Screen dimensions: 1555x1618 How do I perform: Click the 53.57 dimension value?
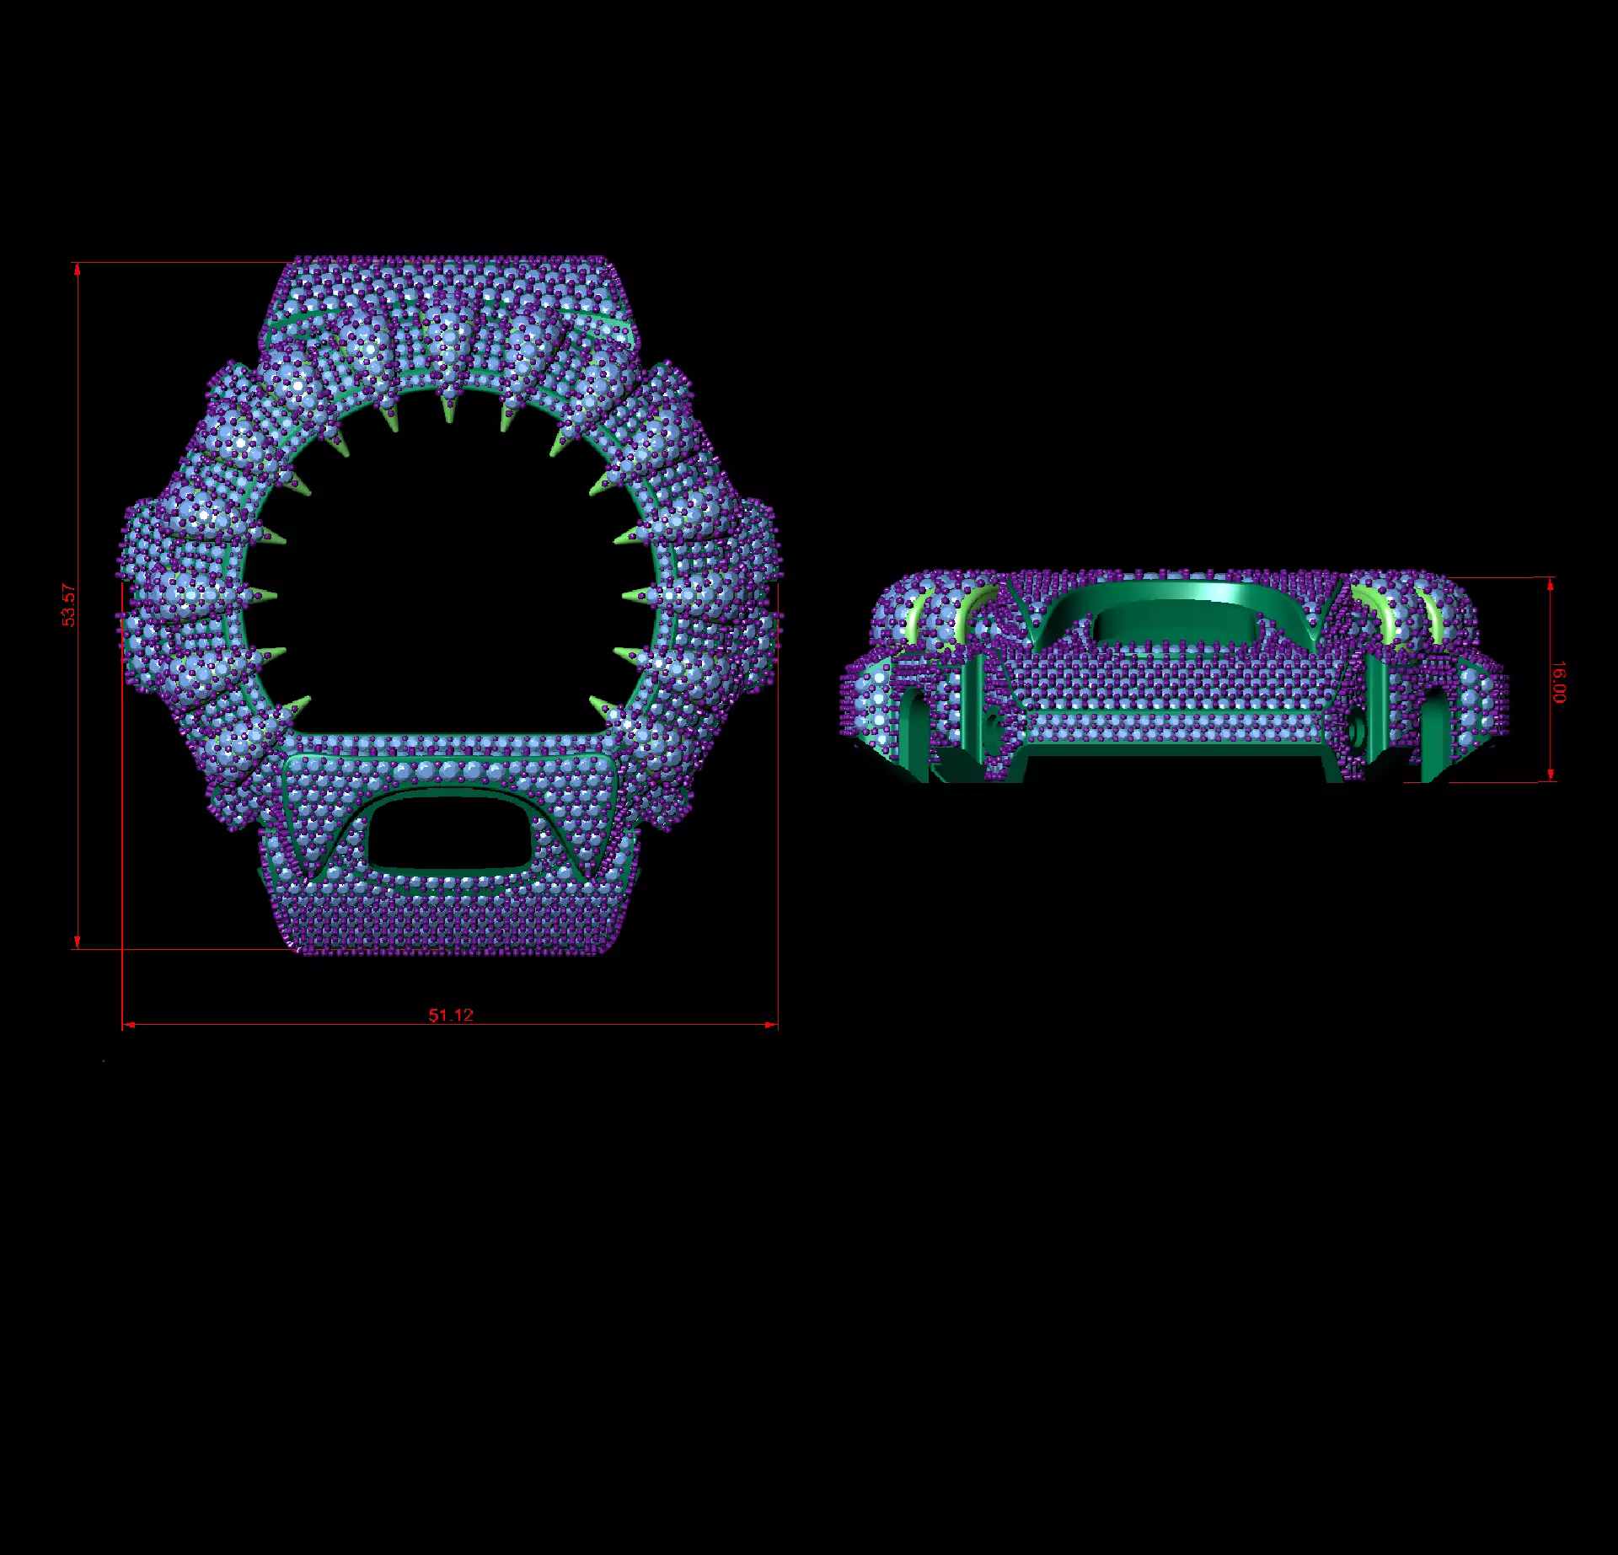[x=69, y=605]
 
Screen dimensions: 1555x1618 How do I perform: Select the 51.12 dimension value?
[x=451, y=1015]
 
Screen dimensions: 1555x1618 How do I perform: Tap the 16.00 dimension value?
[x=1560, y=682]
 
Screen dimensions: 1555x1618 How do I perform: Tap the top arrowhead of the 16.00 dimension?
[x=1551, y=584]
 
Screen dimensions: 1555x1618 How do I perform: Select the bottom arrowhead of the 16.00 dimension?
[x=1551, y=775]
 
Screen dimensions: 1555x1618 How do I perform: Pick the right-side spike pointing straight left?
[x=637, y=596]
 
